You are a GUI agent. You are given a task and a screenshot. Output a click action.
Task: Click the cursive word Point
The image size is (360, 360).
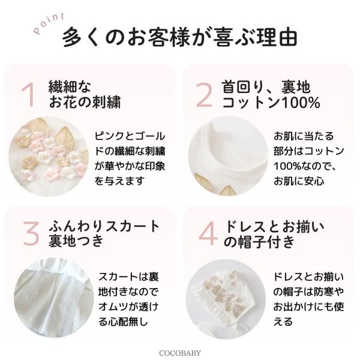point(49,23)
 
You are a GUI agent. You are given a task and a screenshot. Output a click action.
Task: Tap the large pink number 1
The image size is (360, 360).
point(28,95)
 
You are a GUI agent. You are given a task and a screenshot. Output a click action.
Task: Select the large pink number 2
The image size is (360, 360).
point(204,95)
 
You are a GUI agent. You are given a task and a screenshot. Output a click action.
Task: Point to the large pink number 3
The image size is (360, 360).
point(31,233)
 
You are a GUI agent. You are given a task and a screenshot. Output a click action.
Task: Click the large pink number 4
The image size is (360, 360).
point(208,233)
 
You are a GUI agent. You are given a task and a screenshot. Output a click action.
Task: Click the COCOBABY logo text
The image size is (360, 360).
point(180,353)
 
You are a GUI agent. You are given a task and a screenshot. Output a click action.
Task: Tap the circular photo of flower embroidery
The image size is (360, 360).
point(49,157)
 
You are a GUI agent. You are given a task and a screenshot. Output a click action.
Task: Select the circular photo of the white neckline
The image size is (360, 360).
point(228,156)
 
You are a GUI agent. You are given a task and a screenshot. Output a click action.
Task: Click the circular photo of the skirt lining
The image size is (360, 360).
point(54,298)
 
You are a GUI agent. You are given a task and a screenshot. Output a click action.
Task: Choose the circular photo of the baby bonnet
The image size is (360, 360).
point(226,299)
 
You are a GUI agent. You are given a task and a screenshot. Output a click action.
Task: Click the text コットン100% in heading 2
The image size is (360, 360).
point(271,103)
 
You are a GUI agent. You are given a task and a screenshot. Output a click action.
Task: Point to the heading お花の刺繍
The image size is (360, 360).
point(85,102)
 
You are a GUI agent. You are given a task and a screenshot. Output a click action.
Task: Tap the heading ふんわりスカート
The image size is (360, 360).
point(104,226)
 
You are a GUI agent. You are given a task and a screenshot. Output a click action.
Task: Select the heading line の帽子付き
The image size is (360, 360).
point(259,241)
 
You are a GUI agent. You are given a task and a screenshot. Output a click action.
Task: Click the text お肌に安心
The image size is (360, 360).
point(299,181)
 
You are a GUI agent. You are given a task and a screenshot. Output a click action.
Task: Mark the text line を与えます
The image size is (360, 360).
point(119,181)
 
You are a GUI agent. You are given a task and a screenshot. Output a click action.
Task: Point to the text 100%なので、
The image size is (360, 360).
point(305,166)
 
